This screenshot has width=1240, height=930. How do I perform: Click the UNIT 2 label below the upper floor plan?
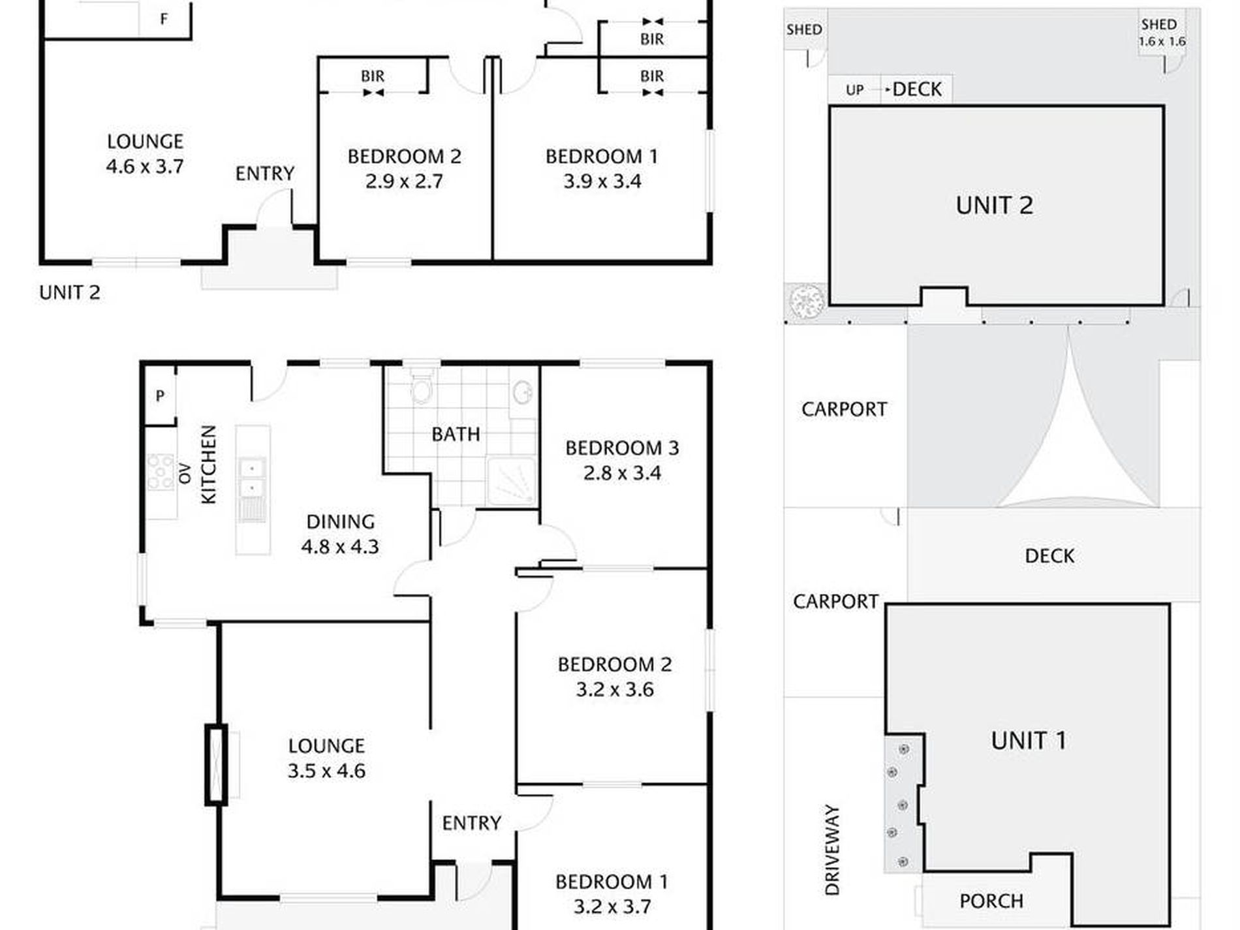[x=70, y=292]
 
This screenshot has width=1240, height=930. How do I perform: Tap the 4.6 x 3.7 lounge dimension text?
[x=145, y=166]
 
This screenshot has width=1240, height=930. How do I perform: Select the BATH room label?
[x=456, y=434]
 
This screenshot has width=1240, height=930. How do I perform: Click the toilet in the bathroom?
[x=422, y=387]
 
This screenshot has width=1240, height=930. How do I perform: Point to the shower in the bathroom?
[x=512, y=482]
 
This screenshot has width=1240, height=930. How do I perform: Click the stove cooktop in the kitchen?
[x=161, y=472]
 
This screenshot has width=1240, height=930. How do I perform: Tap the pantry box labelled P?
[x=160, y=395]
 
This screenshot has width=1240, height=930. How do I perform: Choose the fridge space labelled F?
[x=164, y=19]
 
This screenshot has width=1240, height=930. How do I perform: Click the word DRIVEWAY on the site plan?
[x=832, y=850]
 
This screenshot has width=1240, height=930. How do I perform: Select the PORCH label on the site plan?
[x=991, y=901]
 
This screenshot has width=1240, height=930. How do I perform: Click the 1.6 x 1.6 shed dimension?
[x=1162, y=41]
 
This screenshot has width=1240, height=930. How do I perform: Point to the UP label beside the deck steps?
[x=854, y=90]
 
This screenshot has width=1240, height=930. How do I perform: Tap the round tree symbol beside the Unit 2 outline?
[x=807, y=301]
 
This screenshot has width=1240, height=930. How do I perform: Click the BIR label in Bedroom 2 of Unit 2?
[x=373, y=76]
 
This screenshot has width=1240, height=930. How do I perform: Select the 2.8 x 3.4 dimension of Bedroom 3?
[x=622, y=473]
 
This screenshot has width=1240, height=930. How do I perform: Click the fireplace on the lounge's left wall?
[x=216, y=764]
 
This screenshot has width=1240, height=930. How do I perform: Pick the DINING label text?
[x=341, y=521]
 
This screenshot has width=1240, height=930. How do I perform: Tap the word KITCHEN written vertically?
[x=208, y=465]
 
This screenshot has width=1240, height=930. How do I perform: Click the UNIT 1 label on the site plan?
[x=1029, y=741]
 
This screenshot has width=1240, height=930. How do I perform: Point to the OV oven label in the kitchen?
[x=185, y=473]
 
